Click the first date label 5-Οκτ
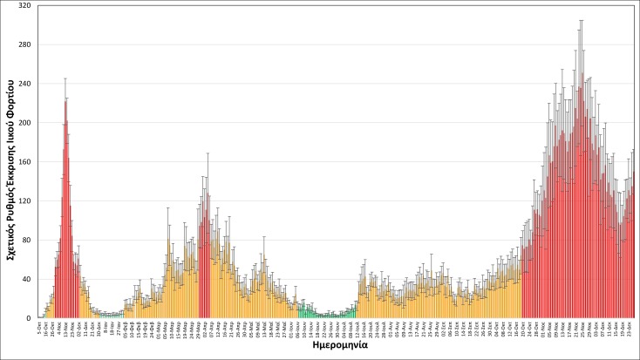[x=39, y=326]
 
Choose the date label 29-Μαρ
[x=198, y=328]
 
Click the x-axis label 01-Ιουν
[x=291, y=328]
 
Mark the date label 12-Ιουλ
[x=358, y=328]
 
